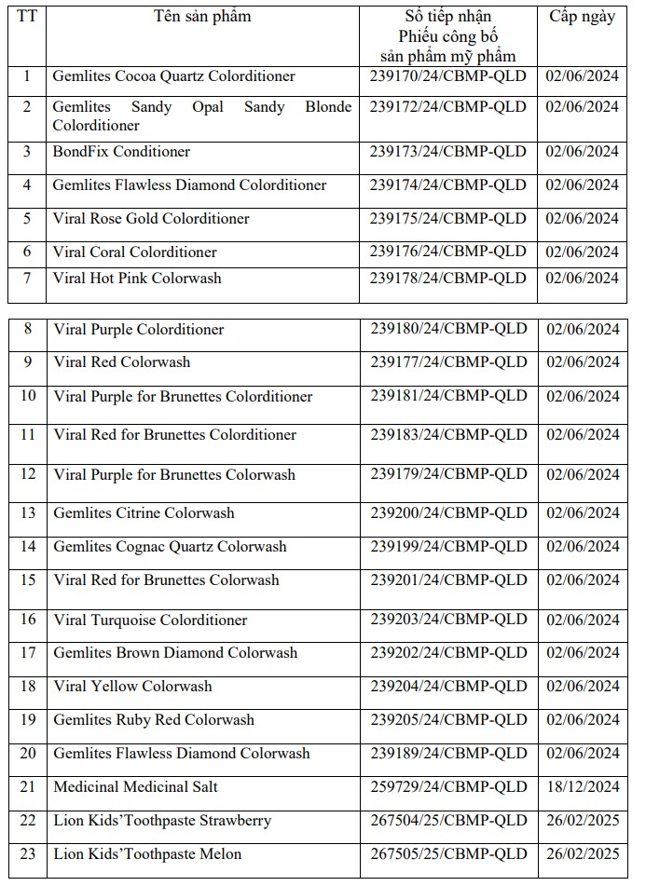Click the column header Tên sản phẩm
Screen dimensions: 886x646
point(202,17)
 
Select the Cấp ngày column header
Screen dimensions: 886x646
point(582,17)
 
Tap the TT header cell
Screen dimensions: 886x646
point(27,17)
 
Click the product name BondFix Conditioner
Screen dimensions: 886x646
point(121,152)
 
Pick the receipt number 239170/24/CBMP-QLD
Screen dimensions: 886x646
point(448,76)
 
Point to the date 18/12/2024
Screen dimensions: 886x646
point(582,787)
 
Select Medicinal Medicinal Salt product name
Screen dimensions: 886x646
point(135,787)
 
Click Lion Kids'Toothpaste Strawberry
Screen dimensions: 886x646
point(162,821)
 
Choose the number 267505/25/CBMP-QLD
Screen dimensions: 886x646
point(448,854)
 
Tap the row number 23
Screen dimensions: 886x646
point(27,854)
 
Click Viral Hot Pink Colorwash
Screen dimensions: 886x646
point(137,279)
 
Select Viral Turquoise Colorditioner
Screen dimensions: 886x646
point(150,620)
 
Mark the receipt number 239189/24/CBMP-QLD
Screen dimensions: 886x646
point(448,754)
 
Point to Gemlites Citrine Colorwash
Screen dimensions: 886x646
point(144,513)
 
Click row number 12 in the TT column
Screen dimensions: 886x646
point(27,474)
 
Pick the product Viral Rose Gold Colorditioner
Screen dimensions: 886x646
point(151,219)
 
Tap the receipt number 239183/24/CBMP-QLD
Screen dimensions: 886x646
point(448,435)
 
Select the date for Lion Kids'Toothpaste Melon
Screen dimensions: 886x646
point(582,854)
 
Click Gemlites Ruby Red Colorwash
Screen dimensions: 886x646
point(154,720)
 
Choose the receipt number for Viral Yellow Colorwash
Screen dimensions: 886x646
point(448,687)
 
